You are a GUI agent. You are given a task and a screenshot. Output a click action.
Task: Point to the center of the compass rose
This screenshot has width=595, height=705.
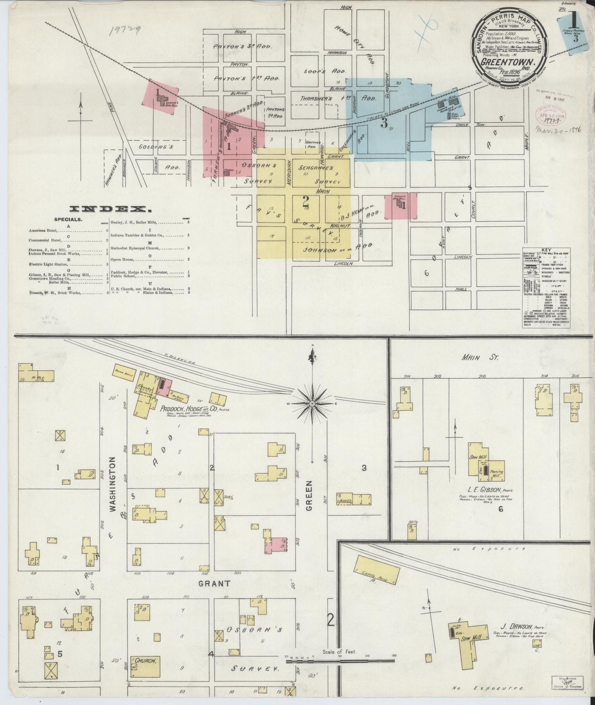[312, 404]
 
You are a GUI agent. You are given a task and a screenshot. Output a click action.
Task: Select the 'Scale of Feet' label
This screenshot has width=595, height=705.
[340, 652]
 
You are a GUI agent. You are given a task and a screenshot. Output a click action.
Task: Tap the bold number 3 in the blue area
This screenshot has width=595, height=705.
[384, 123]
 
